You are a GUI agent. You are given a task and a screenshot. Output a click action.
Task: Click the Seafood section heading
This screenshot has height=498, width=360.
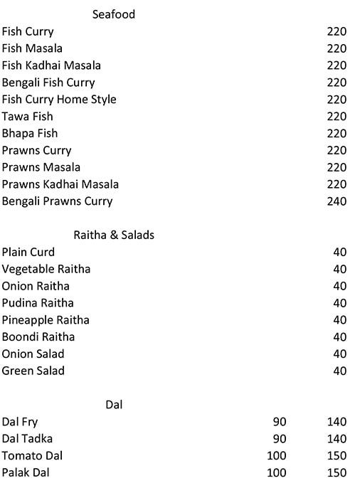tap(114, 14)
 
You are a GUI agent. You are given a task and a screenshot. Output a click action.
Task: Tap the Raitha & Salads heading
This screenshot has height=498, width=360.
tap(114, 235)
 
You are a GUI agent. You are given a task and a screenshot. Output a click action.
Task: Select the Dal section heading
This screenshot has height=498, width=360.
tap(114, 404)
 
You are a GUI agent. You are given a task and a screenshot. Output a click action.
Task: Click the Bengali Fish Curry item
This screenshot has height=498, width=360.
tap(48, 83)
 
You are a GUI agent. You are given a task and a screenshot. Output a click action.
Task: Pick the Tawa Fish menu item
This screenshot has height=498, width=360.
tap(28, 116)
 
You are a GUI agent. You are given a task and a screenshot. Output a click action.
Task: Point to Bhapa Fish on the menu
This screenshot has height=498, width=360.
tap(30, 133)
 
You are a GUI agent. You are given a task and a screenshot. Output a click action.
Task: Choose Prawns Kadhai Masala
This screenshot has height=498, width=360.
tap(60, 184)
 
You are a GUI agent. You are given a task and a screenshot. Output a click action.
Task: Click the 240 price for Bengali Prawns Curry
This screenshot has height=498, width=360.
tap(337, 201)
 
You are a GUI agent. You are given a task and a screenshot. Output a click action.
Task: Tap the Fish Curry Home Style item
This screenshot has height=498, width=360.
tap(59, 100)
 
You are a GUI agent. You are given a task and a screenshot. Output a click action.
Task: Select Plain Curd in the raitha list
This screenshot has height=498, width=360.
tap(28, 252)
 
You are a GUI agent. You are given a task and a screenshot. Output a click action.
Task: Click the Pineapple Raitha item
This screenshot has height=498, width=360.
tap(46, 320)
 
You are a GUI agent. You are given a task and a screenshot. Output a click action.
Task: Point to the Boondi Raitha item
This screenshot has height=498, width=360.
tap(38, 337)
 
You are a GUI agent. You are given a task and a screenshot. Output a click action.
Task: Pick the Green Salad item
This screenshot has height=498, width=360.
tap(33, 371)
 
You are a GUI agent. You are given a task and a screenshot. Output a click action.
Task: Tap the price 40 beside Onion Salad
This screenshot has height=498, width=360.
tap(339, 354)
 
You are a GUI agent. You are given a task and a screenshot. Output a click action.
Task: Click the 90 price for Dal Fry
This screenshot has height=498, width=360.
tap(280, 422)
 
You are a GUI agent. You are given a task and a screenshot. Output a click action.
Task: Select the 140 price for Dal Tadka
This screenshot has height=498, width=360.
tap(337, 439)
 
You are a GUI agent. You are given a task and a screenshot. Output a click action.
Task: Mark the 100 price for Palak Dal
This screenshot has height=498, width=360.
tap(276, 472)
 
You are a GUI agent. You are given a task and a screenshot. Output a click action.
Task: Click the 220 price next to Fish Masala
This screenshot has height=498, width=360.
tap(337, 48)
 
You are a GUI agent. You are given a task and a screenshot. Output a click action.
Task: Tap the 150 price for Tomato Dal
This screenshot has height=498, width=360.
tap(337, 455)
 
